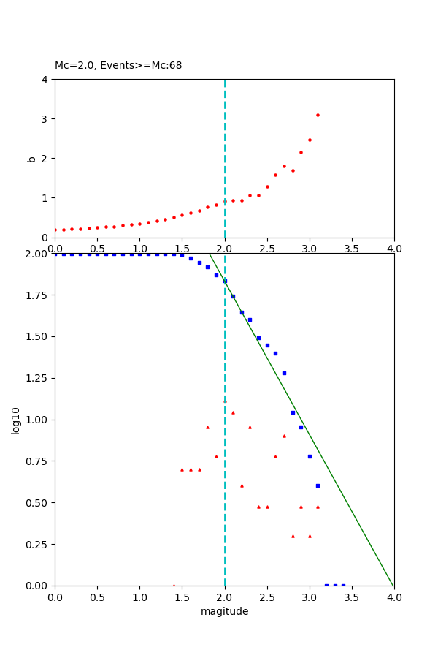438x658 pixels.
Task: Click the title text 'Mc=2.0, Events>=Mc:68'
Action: point(118,66)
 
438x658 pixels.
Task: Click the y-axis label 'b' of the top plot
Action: point(31,158)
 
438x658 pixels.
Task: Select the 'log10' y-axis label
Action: point(16,420)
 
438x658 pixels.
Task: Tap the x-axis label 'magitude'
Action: point(224,611)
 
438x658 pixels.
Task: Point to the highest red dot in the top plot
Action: point(318,115)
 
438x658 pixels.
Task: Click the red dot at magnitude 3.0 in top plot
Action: point(310,140)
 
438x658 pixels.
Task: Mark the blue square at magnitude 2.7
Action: point(284,373)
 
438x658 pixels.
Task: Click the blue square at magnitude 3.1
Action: point(318,485)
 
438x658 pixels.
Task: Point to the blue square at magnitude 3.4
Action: point(343,585)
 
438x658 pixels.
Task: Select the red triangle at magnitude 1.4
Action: point(174,585)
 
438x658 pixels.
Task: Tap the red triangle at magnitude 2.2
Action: point(242,485)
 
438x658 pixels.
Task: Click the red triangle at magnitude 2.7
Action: point(284,436)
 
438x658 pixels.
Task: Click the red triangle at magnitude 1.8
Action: point(207,427)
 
